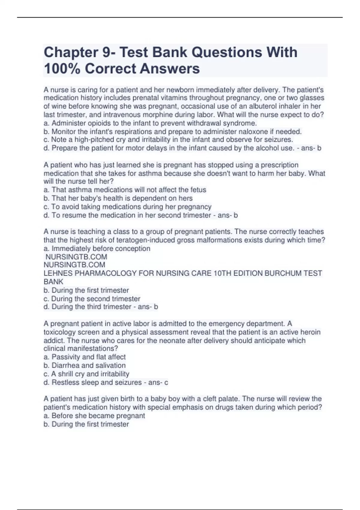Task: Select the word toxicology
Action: click(59, 332)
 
